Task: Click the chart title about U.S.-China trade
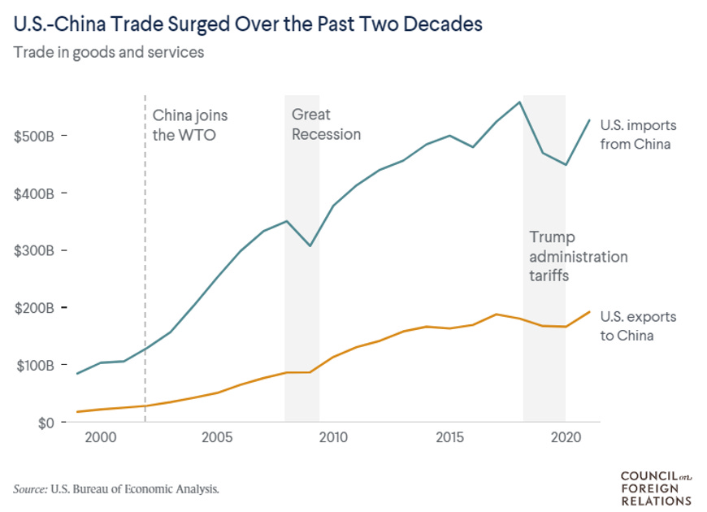tap(248, 24)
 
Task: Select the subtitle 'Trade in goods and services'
tap(107, 54)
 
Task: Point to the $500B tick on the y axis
tap(34, 136)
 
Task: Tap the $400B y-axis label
tap(34, 193)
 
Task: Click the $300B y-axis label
tap(34, 251)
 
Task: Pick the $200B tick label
tap(34, 308)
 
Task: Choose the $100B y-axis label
tap(34, 366)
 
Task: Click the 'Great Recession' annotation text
tap(325, 124)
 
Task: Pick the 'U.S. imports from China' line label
tap(638, 135)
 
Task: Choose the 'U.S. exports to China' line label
tap(638, 326)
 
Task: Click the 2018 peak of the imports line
tap(519, 102)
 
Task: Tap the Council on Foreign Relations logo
tap(655, 488)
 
